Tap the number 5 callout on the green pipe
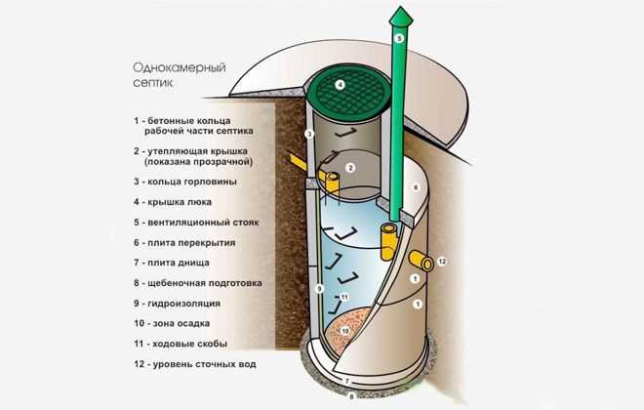(398, 38)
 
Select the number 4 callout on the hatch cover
(340, 85)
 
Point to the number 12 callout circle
(441, 262)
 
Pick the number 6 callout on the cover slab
(416, 184)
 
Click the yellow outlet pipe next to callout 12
(423, 260)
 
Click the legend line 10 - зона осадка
(182, 323)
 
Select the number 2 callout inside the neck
(350, 168)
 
